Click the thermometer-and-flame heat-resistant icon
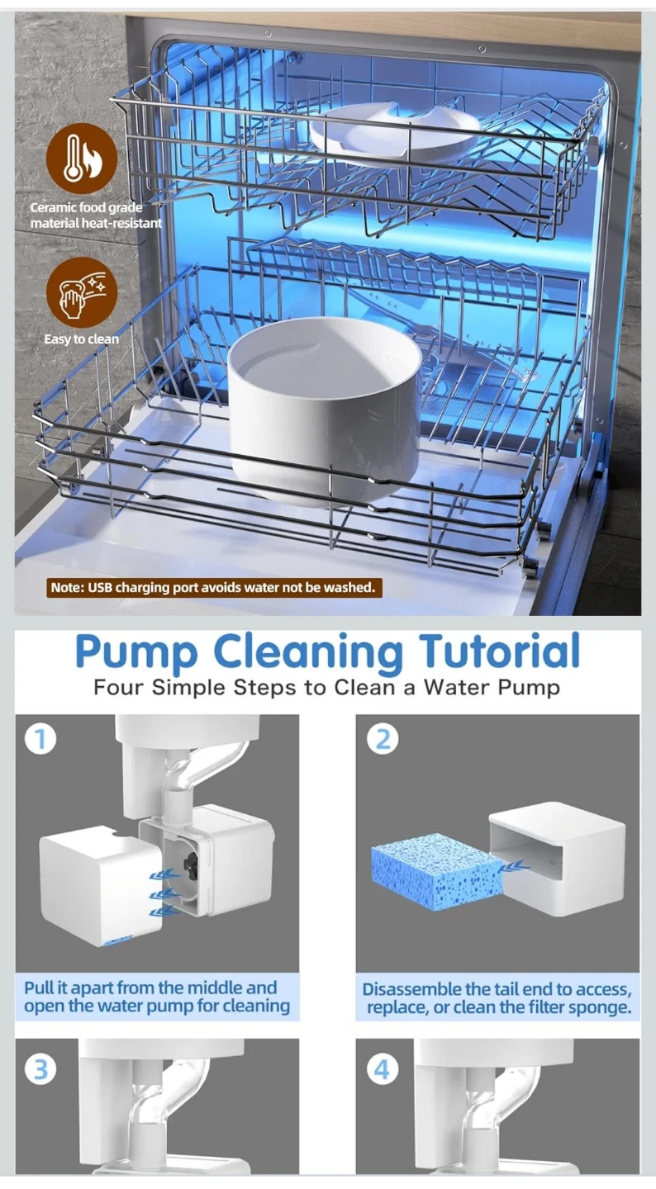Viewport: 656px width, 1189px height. coord(82,159)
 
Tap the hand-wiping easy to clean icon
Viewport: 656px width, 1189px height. coord(82,292)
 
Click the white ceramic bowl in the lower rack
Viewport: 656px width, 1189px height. coord(325,411)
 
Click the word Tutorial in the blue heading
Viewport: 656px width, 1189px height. coord(499,651)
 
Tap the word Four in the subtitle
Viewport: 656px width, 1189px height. coord(120,687)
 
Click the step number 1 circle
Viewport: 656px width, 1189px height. coord(41,739)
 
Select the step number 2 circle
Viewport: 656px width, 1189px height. coord(383,739)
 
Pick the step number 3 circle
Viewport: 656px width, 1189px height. coord(41,1069)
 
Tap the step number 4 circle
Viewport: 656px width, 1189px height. coord(383,1069)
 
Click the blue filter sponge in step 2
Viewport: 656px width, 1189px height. coord(436,865)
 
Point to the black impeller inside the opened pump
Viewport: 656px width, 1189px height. coord(191,862)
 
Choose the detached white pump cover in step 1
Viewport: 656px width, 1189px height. coord(101,883)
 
